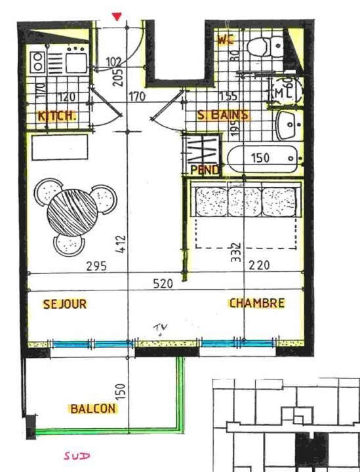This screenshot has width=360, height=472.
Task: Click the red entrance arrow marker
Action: pyautogui.click(x=117, y=16)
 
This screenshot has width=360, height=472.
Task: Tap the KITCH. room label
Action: pyautogui.click(x=58, y=115)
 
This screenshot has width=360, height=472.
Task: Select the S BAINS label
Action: pyautogui.click(x=224, y=115)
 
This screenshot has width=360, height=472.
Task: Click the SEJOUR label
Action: pyautogui.click(x=65, y=304)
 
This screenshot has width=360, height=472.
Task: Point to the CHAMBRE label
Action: pyautogui.click(x=256, y=303)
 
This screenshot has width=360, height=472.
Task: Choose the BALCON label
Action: pyautogui.click(x=92, y=408)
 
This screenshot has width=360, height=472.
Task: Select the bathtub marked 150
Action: pyautogui.click(x=262, y=158)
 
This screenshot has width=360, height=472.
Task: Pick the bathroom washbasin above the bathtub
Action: pyautogui.click(x=288, y=125)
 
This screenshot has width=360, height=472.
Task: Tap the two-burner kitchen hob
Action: pyautogui.click(x=38, y=62)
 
